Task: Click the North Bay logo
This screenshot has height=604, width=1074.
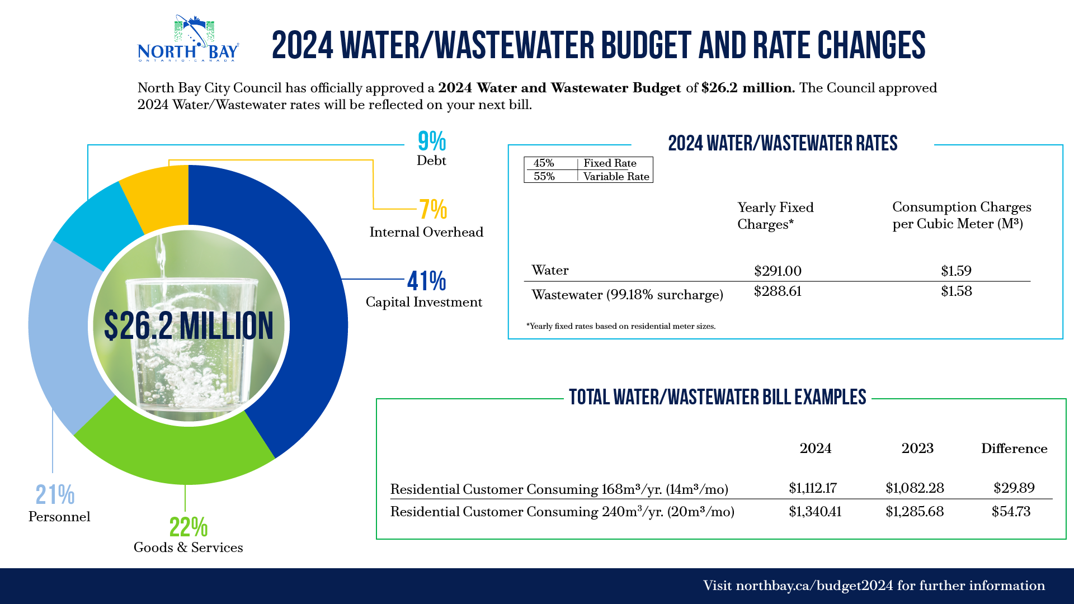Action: (x=189, y=39)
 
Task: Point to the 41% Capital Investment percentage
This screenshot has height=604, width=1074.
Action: (x=427, y=281)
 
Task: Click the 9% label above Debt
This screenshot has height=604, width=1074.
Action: (x=432, y=141)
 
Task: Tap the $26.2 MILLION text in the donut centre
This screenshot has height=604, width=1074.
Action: (x=189, y=325)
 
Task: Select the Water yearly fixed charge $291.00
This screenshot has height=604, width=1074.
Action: (x=778, y=271)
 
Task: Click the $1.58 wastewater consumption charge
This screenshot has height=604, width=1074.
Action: (x=956, y=291)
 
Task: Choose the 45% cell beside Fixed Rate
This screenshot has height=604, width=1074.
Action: (x=544, y=163)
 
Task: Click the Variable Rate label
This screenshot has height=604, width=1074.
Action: (x=616, y=177)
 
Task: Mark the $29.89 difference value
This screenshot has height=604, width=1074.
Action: (x=1014, y=488)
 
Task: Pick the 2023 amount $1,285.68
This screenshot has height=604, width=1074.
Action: (x=914, y=512)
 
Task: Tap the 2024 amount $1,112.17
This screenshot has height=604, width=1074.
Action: (x=812, y=488)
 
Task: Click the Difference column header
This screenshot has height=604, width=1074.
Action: (x=1014, y=449)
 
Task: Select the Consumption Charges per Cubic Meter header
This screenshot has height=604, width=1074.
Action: (x=961, y=215)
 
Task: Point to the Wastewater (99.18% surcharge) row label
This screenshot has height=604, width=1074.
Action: (x=627, y=295)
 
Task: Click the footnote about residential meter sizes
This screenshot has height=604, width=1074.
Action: (x=621, y=326)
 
